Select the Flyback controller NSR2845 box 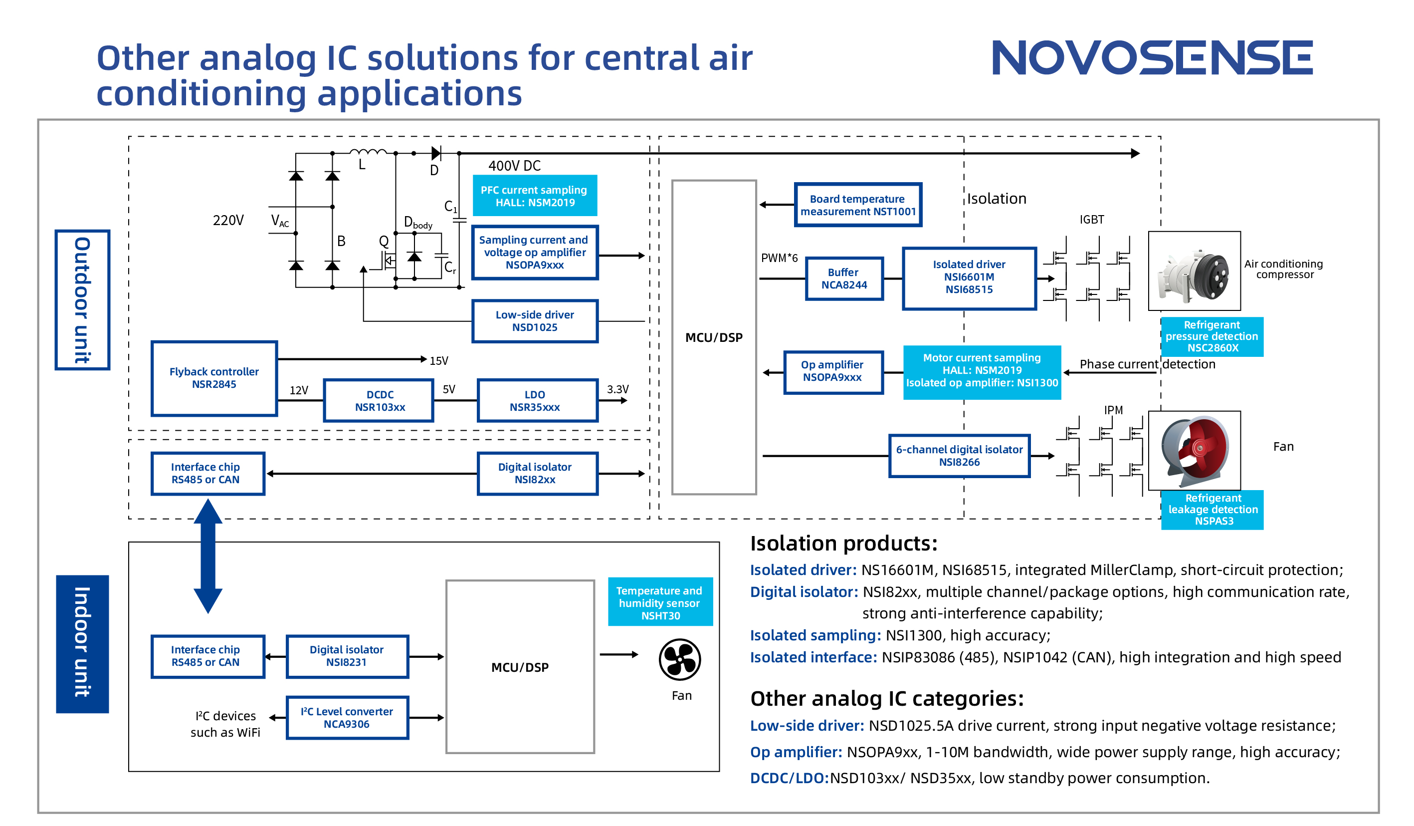(214, 378)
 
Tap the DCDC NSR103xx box (379, 400)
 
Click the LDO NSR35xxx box (534, 400)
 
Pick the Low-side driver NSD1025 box (534, 320)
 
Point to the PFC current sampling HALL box (534, 196)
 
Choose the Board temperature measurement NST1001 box (857, 205)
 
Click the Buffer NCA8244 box (844, 278)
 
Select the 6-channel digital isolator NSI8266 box (959, 455)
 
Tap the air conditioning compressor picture (1194, 271)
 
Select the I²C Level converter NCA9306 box (347, 717)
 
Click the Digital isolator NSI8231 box (347, 656)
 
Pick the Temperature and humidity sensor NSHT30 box (660, 602)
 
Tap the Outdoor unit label (82, 300)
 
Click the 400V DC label (514, 166)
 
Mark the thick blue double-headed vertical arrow (207, 556)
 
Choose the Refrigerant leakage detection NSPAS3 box (1212, 509)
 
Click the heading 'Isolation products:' (843, 544)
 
